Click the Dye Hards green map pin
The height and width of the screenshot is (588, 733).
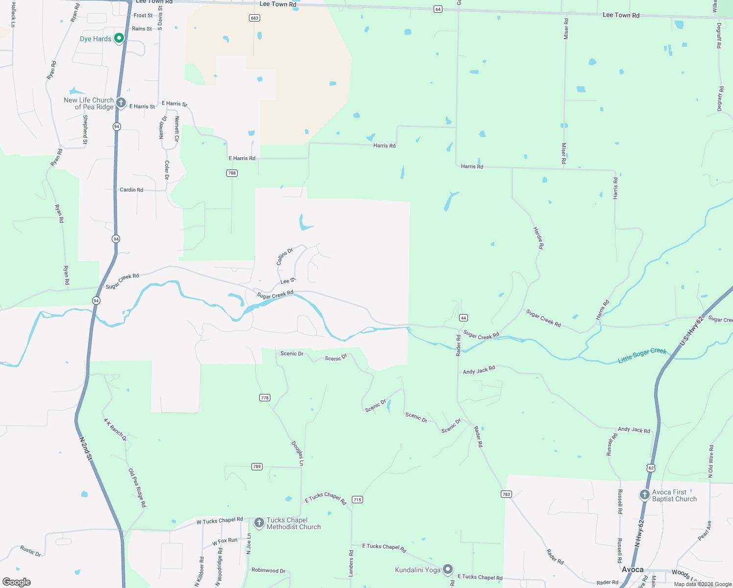pyautogui.click(x=119, y=38)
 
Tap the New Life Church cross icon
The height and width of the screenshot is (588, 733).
pyautogui.click(x=121, y=103)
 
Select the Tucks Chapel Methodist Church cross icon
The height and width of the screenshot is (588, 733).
pyautogui.click(x=259, y=523)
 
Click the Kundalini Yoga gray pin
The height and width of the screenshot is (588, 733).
pyautogui.click(x=448, y=569)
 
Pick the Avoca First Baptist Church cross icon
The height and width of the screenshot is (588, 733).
pyautogui.click(x=645, y=495)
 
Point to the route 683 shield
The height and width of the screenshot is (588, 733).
pyautogui.click(x=254, y=18)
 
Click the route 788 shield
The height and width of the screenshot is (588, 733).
pyautogui.click(x=232, y=173)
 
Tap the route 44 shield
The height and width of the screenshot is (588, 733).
pyautogui.click(x=464, y=318)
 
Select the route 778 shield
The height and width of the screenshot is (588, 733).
pyautogui.click(x=265, y=398)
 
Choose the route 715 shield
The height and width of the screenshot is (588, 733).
pyautogui.click(x=357, y=500)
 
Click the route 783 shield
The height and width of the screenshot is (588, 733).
pyautogui.click(x=507, y=494)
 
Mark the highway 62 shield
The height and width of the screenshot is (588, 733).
pyautogui.click(x=651, y=468)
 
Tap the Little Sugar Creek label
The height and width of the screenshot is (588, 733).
pyautogui.click(x=642, y=355)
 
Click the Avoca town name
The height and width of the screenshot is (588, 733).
pyautogui.click(x=633, y=569)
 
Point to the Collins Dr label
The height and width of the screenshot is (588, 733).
pyautogui.click(x=285, y=257)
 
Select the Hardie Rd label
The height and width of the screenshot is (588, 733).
pyautogui.click(x=538, y=238)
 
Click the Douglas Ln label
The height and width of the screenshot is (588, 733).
pyautogui.click(x=298, y=453)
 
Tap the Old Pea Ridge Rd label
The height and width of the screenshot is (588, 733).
pyautogui.click(x=137, y=488)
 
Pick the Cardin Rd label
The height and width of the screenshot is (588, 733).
pyautogui.click(x=131, y=190)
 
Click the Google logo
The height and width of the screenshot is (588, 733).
pyautogui.click(x=17, y=582)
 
